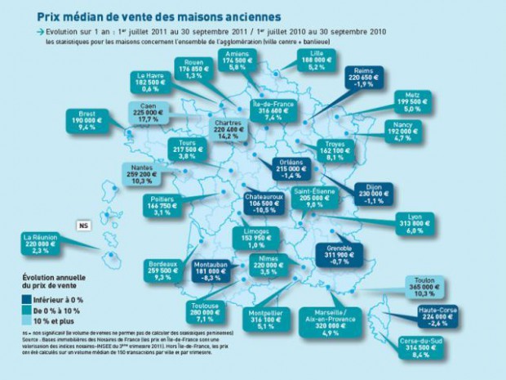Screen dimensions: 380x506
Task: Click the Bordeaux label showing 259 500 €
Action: click(162, 269)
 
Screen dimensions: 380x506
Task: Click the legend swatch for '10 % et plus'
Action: click(24, 321)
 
